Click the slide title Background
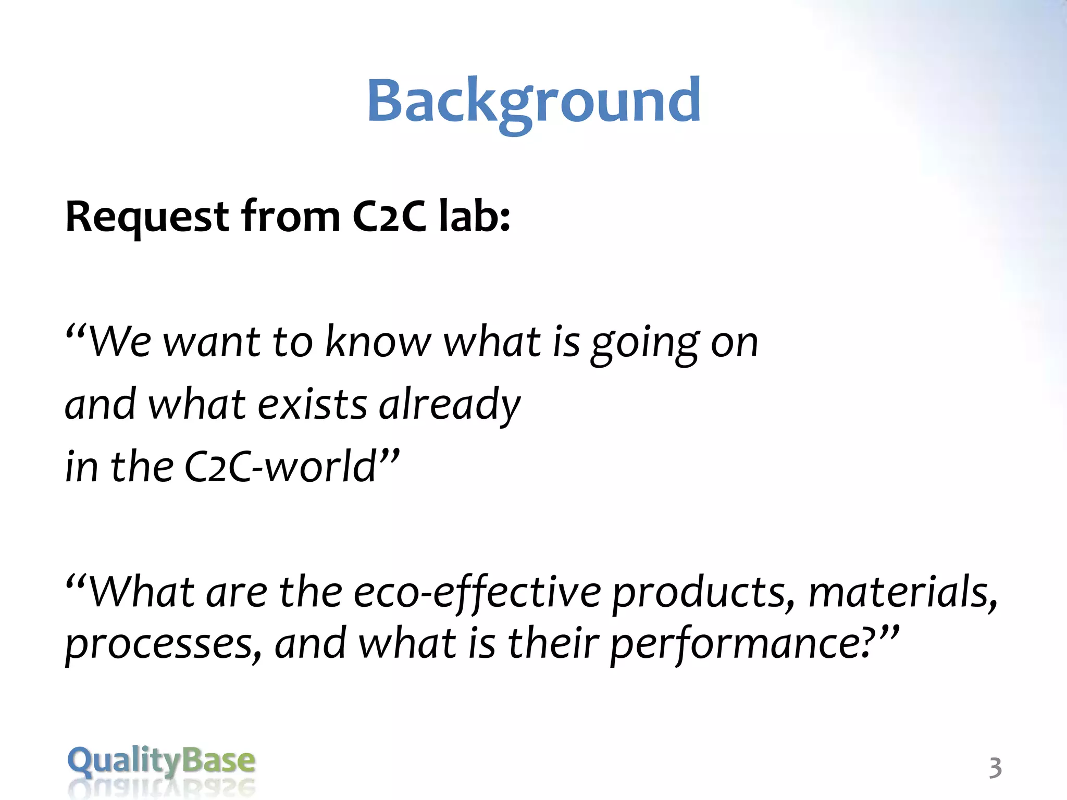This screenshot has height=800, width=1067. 533,102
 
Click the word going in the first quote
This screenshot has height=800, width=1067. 645,344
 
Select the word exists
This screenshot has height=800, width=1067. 312,405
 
